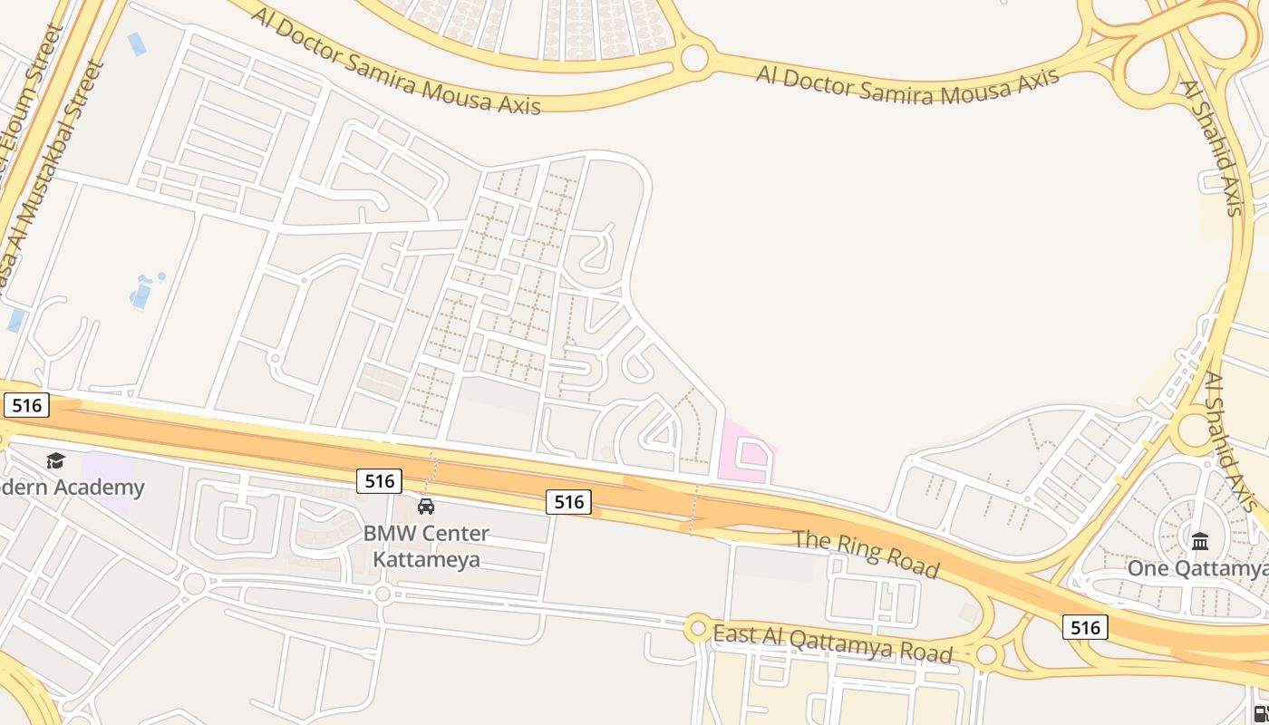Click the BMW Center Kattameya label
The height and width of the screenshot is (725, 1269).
426,546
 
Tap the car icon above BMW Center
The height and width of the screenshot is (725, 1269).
426,506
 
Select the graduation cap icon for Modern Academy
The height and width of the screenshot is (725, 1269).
55,461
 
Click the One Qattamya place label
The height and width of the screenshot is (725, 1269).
1196,568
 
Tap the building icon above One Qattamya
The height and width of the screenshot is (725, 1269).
1200,541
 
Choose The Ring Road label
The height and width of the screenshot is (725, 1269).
866,552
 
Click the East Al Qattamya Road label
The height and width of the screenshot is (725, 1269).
833,643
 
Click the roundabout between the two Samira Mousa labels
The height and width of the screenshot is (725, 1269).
694,58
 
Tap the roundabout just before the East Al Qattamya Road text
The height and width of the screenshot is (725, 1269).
697,627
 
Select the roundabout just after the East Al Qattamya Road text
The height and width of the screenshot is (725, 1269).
986,654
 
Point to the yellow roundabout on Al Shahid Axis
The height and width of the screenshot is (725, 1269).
1195,431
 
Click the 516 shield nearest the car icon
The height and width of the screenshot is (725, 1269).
379,480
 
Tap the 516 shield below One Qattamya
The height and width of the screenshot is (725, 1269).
1085,627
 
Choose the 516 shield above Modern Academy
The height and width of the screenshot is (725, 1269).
26,405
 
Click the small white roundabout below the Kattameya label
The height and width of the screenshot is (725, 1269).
383,594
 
